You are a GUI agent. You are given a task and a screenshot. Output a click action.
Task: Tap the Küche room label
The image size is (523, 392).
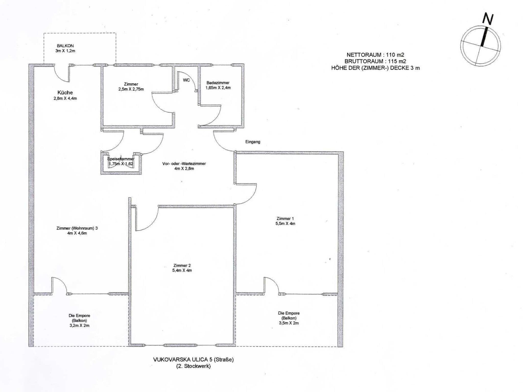pyautogui.click(x=65, y=93)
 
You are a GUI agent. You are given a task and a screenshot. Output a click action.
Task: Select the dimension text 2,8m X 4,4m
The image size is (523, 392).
pyautogui.click(x=65, y=98)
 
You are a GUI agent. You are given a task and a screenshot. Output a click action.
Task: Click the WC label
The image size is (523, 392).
pyautogui.click(x=186, y=80)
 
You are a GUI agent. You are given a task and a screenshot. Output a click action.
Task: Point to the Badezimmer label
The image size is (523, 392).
pyautogui.click(x=218, y=83)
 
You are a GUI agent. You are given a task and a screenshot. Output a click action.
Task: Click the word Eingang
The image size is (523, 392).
pyautogui.click(x=253, y=142)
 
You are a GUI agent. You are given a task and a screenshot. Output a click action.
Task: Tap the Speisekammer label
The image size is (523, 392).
pyautogui.click(x=121, y=159)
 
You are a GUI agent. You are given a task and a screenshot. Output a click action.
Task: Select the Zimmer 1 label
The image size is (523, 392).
pyautogui.click(x=285, y=218)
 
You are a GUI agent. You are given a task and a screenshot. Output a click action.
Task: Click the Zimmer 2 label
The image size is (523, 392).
pyautogui.click(x=182, y=265)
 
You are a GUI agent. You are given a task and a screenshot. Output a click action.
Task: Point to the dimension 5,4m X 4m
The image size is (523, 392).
pyautogui.click(x=182, y=271)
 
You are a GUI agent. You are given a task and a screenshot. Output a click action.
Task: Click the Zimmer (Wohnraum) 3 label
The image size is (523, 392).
pyautogui.click(x=77, y=228)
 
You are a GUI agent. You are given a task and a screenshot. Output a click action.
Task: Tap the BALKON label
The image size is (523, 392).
pyautogui.click(x=65, y=46)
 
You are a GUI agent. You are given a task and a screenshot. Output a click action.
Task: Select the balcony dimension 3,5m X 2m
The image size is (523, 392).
pyautogui.click(x=289, y=323)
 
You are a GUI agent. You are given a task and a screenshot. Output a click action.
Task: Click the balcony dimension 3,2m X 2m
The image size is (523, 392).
pyautogui.click(x=79, y=326)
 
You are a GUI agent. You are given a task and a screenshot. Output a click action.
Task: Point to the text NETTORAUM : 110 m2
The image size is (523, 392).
pyautogui.click(x=375, y=55)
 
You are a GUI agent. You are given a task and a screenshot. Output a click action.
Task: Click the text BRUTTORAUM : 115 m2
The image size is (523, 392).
pyautogui.click(x=375, y=61)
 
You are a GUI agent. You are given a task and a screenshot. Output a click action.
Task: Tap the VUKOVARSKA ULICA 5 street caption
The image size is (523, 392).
pyautogui.click(x=193, y=360)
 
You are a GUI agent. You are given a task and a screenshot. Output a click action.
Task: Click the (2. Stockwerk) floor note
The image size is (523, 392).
pyautogui.click(x=193, y=366)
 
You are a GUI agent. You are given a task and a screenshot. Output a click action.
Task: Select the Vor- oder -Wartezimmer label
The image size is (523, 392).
pyautogui.click(x=184, y=164)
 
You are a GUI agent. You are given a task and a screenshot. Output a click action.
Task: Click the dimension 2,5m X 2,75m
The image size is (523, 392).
pyautogui.click(x=131, y=89)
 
